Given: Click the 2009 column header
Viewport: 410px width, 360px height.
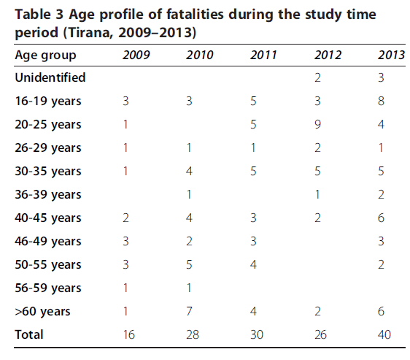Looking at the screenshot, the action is tap(136, 55).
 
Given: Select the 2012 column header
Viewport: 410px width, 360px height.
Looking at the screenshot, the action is tap(328, 55).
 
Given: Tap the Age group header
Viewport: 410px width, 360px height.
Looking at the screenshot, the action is tap(45, 55).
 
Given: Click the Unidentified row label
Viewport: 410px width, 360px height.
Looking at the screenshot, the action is tap(50, 77).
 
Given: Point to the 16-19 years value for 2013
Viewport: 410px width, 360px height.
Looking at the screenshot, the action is tap(381, 101).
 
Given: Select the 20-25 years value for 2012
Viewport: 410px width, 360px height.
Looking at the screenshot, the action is tap(317, 124).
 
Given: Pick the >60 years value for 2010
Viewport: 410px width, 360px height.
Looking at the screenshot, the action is tap(189, 311).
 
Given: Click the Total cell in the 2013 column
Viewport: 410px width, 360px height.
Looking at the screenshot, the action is tap(384, 334).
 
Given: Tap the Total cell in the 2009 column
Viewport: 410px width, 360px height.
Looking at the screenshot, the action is tap(129, 334).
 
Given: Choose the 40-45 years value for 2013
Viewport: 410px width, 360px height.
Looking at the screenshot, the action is tap(381, 218).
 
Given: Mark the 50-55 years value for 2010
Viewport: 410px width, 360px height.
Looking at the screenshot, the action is tap(189, 264).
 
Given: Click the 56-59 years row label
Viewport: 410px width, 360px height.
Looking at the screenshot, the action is tap(48, 288).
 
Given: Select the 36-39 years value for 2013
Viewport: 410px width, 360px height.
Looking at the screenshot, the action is tap(381, 194).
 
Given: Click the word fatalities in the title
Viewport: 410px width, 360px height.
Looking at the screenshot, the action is tap(195, 14).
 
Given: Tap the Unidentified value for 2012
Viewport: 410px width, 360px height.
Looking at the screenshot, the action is tap(317, 77).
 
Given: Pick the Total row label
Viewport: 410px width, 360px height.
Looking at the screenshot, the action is tap(29, 334).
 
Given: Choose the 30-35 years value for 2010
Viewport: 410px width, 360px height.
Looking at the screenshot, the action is tap(189, 171).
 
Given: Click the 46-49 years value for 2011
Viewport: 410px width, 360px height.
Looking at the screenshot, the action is tap(253, 241).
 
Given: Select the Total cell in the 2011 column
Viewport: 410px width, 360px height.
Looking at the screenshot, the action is tap(257, 334).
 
